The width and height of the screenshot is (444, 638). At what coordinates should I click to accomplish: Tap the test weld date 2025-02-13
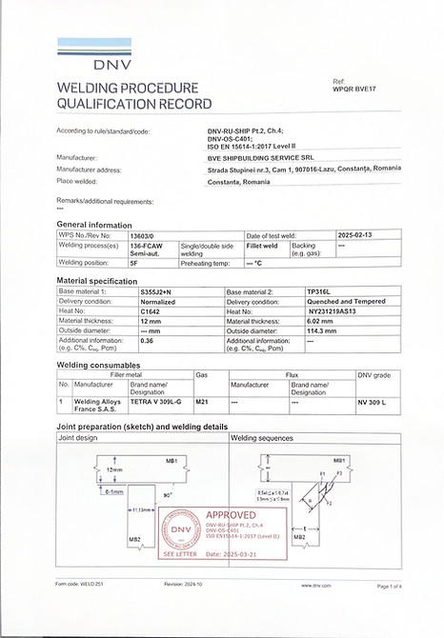coord(358,233)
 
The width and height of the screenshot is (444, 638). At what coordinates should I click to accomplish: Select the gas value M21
coord(201,403)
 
